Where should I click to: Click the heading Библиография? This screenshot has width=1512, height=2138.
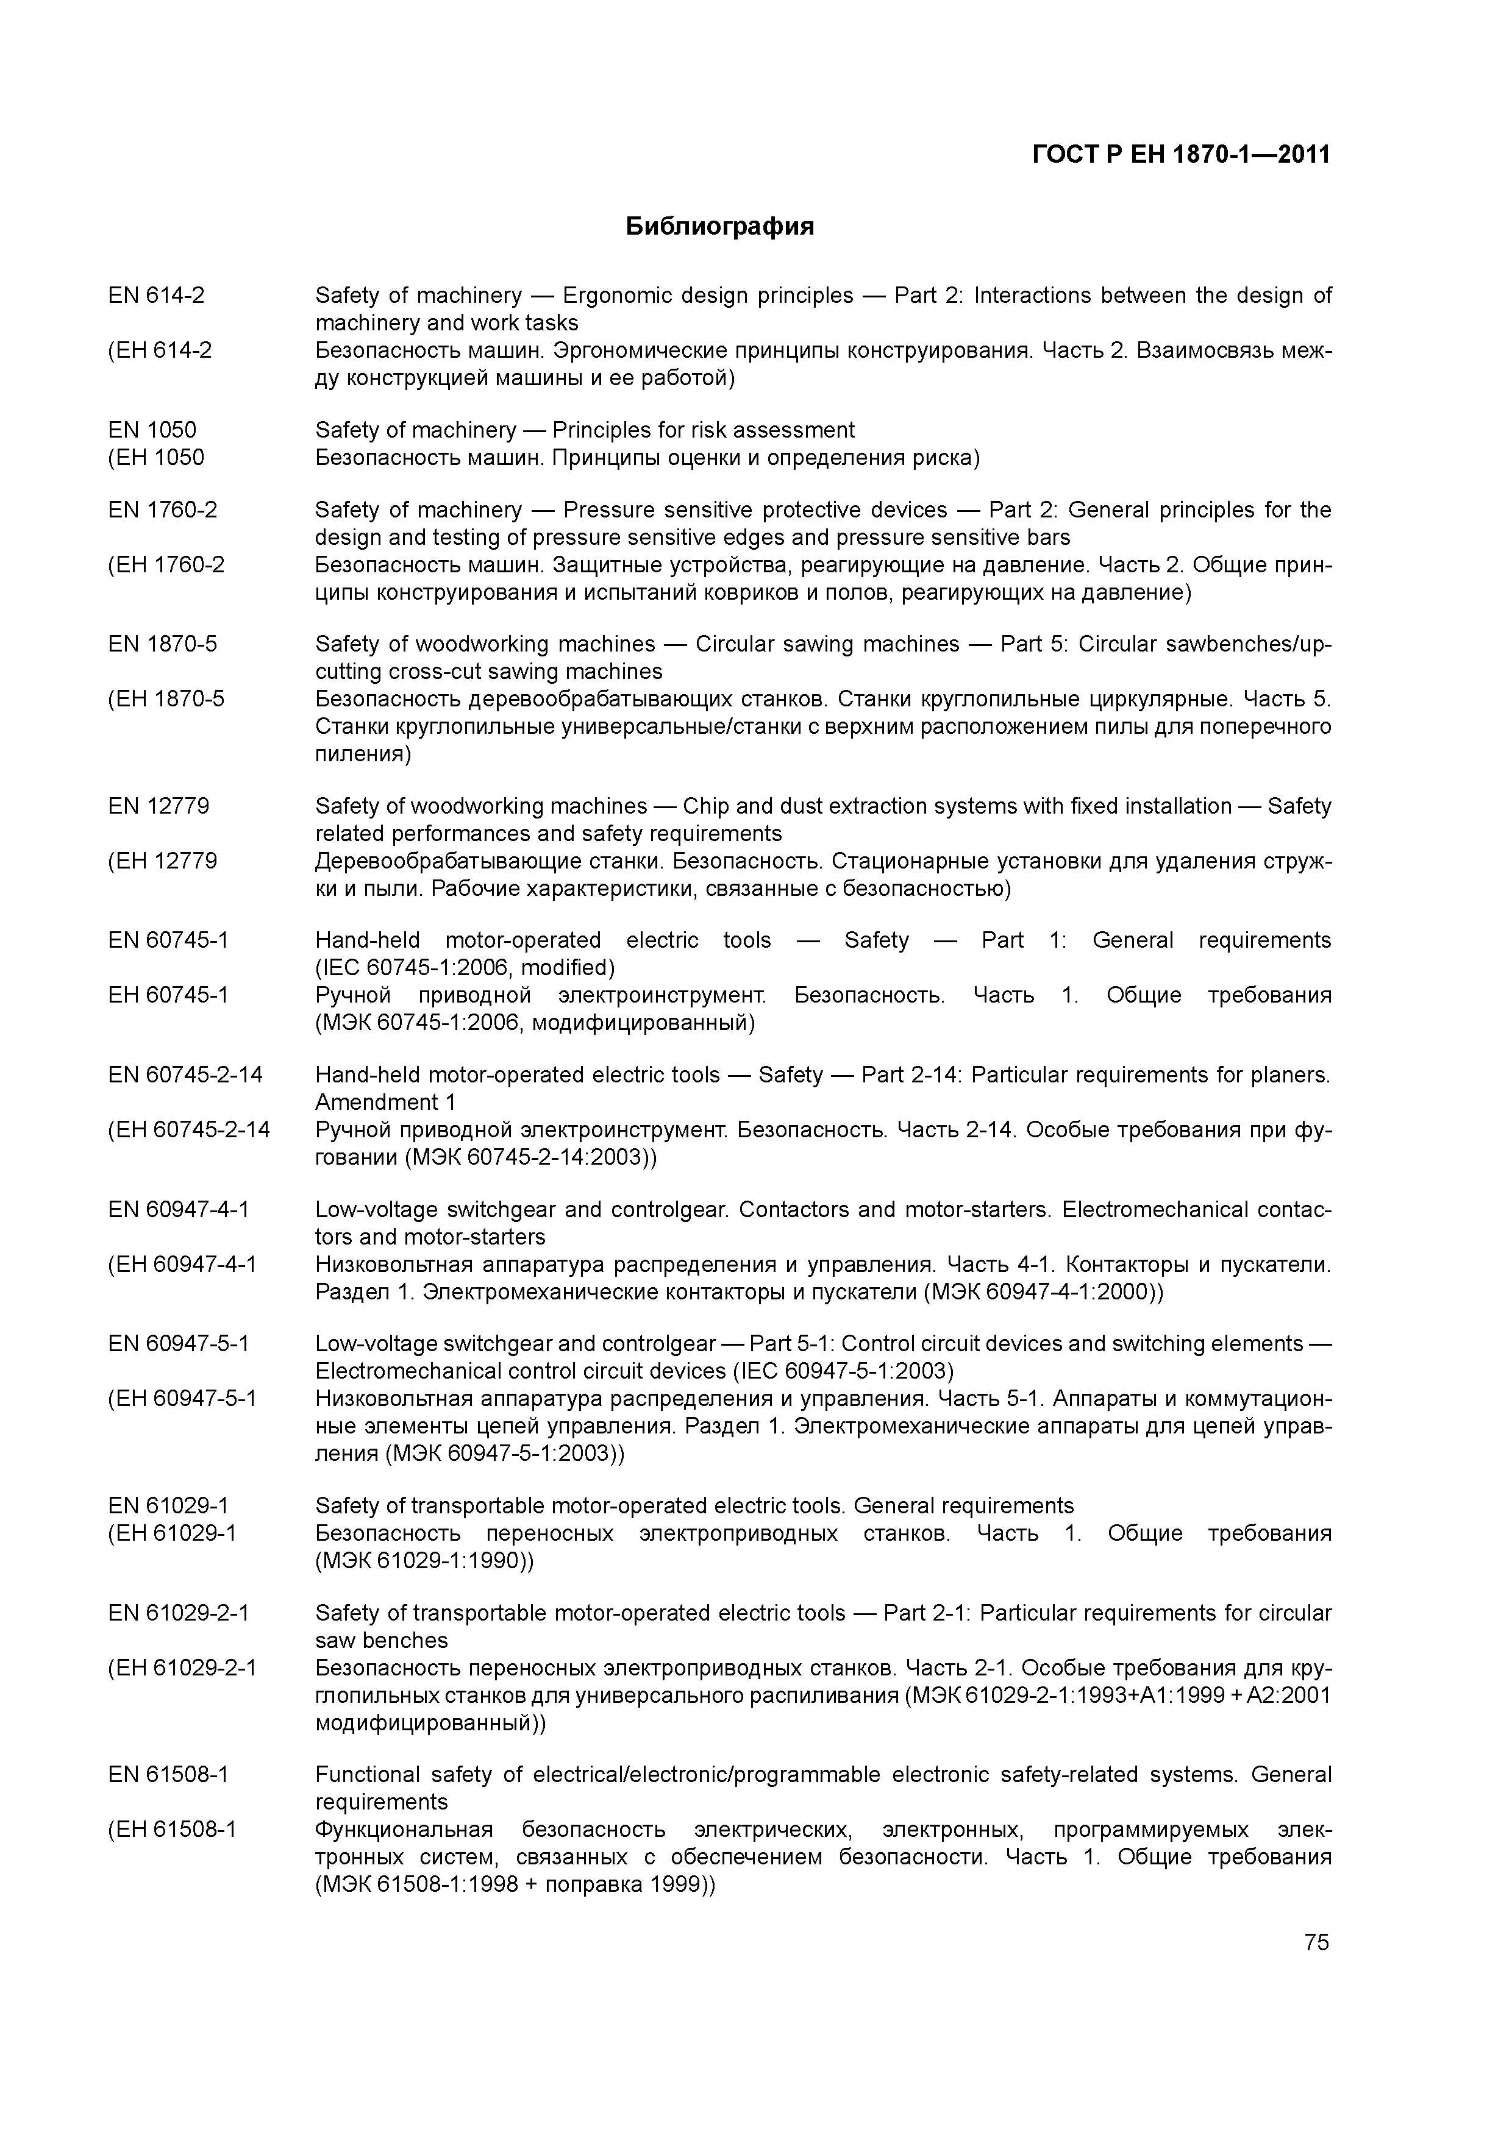tap(719, 226)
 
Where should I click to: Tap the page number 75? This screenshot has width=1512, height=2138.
tap(1316, 1942)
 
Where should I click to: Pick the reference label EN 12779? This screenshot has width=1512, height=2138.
tap(159, 806)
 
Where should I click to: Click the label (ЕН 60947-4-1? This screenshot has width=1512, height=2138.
tap(182, 1265)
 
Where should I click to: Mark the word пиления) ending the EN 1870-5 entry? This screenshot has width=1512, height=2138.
tap(362, 753)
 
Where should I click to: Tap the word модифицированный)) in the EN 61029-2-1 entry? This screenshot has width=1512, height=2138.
tap(430, 1723)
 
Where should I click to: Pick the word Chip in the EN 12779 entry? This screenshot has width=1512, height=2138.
tap(705, 806)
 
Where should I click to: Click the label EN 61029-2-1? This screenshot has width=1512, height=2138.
tap(179, 1613)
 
